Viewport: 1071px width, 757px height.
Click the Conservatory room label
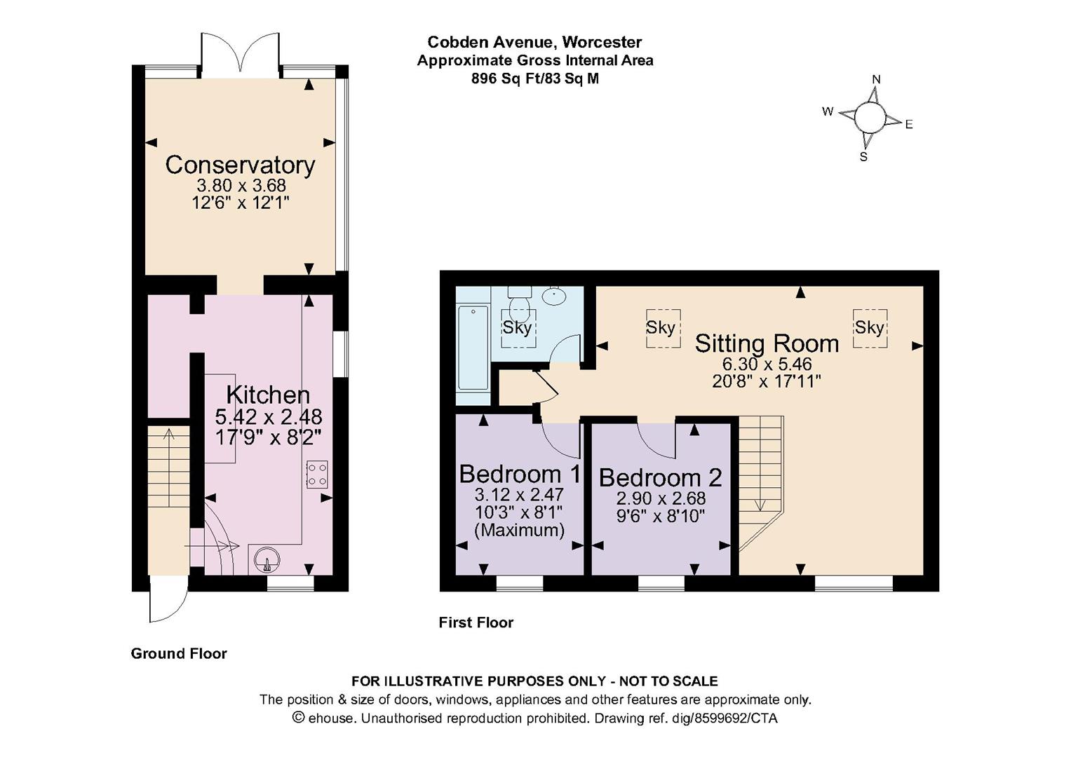(x=240, y=165)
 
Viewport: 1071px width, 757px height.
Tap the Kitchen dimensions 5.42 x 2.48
(x=268, y=417)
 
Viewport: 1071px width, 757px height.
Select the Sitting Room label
(x=767, y=343)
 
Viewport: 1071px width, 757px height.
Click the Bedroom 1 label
(x=520, y=474)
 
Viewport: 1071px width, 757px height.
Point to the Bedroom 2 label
(x=660, y=477)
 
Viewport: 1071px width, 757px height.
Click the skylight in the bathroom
(x=518, y=327)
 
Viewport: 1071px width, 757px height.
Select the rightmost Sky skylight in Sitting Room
(x=869, y=327)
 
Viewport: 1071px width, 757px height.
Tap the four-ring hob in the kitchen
(x=316, y=474)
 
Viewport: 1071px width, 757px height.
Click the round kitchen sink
(x=267, y=561)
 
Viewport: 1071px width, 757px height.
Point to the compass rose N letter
(x=875, y=79)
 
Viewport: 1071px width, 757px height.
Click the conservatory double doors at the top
(x=241, y=53)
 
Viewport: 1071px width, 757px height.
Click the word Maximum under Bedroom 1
(x=519, y=530)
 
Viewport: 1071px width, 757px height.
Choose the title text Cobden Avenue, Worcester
(x=534, y=42)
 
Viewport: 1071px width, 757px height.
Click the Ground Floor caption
(x=179, y=653)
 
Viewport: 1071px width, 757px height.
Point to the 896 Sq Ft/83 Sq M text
(x=534, y=79)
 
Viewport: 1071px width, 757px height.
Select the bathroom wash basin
(x=554, y=296)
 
